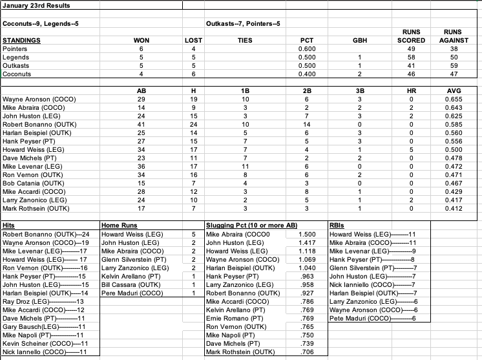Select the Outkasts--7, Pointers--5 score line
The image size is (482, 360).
point(242,25)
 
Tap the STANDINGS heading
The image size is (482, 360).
point(21,40)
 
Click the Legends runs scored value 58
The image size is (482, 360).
point(411,57)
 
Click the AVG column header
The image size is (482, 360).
point(457,91)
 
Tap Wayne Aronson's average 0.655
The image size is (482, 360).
point(457,100)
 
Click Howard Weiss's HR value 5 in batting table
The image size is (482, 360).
point(411,150)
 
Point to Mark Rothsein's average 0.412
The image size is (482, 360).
point(457,208)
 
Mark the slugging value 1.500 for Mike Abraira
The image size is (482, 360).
point(308,234)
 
